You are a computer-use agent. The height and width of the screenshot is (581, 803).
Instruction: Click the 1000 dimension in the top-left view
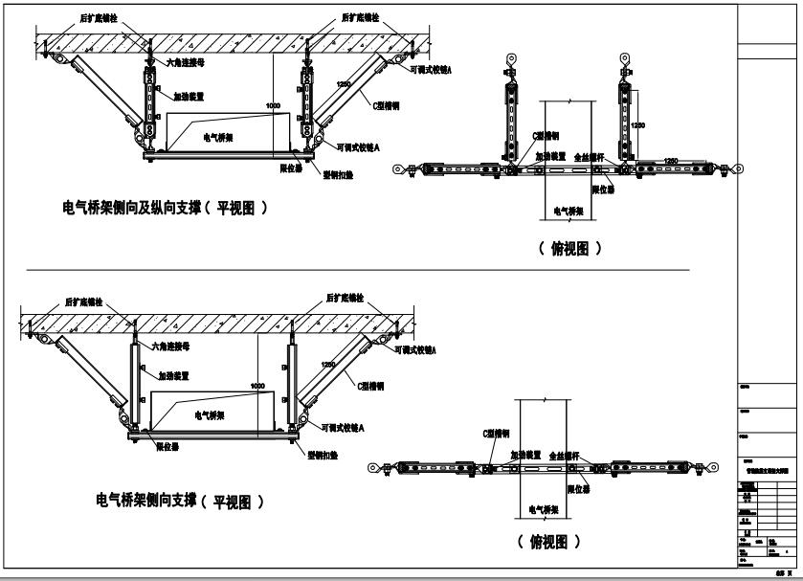[x=274, y=104]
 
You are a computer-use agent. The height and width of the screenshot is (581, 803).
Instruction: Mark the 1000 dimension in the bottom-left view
[x=257, y=386]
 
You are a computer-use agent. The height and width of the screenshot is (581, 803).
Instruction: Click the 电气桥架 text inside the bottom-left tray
[x=210, y=416]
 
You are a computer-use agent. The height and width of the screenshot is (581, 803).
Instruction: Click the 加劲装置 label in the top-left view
[x=189, y=96]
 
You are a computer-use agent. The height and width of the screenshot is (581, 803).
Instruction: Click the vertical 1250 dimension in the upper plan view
[x=637, y=125]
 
